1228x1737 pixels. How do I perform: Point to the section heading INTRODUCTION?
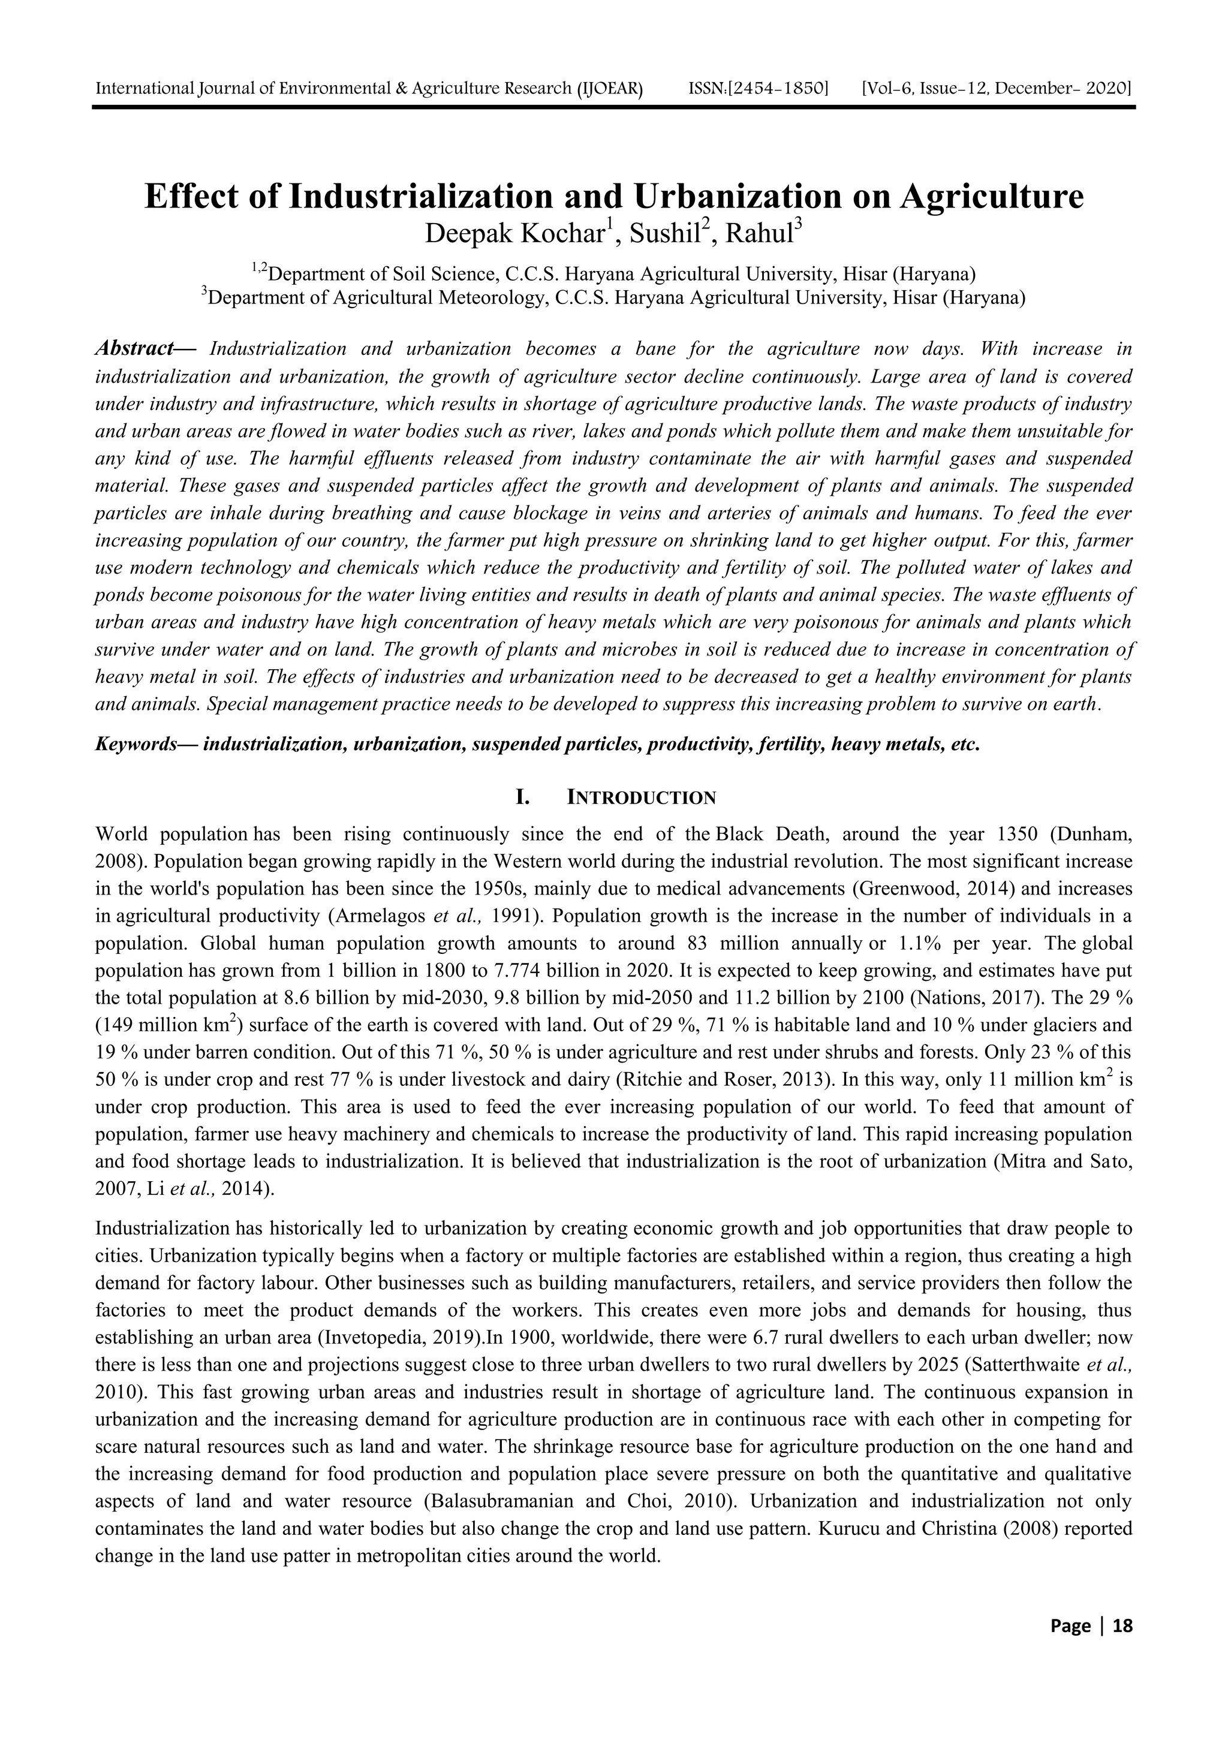click(x=641, y=798)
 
